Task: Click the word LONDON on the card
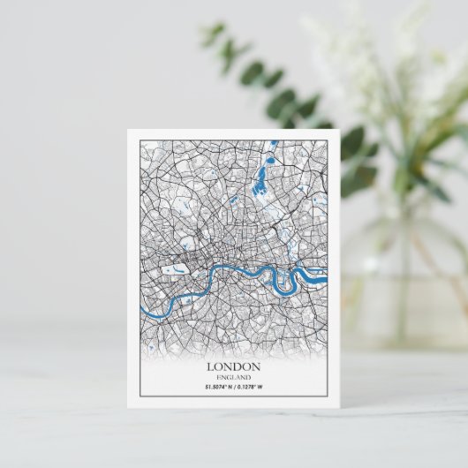pyautogui.click(x=233, y=366)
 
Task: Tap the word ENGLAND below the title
pyautogui.click(x=233, y=377)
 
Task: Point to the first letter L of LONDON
pyautogui.click(x=209, y=366)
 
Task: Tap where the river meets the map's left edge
pyautogui.click(x=142, y=311)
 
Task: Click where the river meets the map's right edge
pyautogui.click(x=326, y=281)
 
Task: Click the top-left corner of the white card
pyautogui.click(x=128, y=131)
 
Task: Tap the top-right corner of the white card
pyautogui.click(x=340, y=131)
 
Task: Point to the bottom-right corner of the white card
pyautogui.click(x=340, y=407)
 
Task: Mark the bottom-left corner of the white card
pyautogui.click(x=128, y=407)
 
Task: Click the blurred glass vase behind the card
pyautogui.click(x=402, y=283)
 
